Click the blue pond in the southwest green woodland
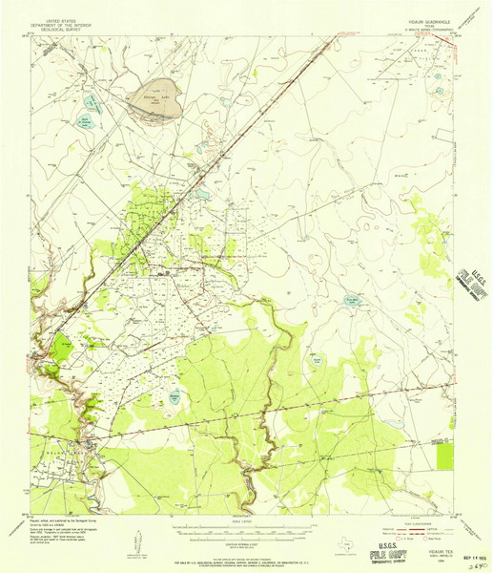point(175,393)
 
